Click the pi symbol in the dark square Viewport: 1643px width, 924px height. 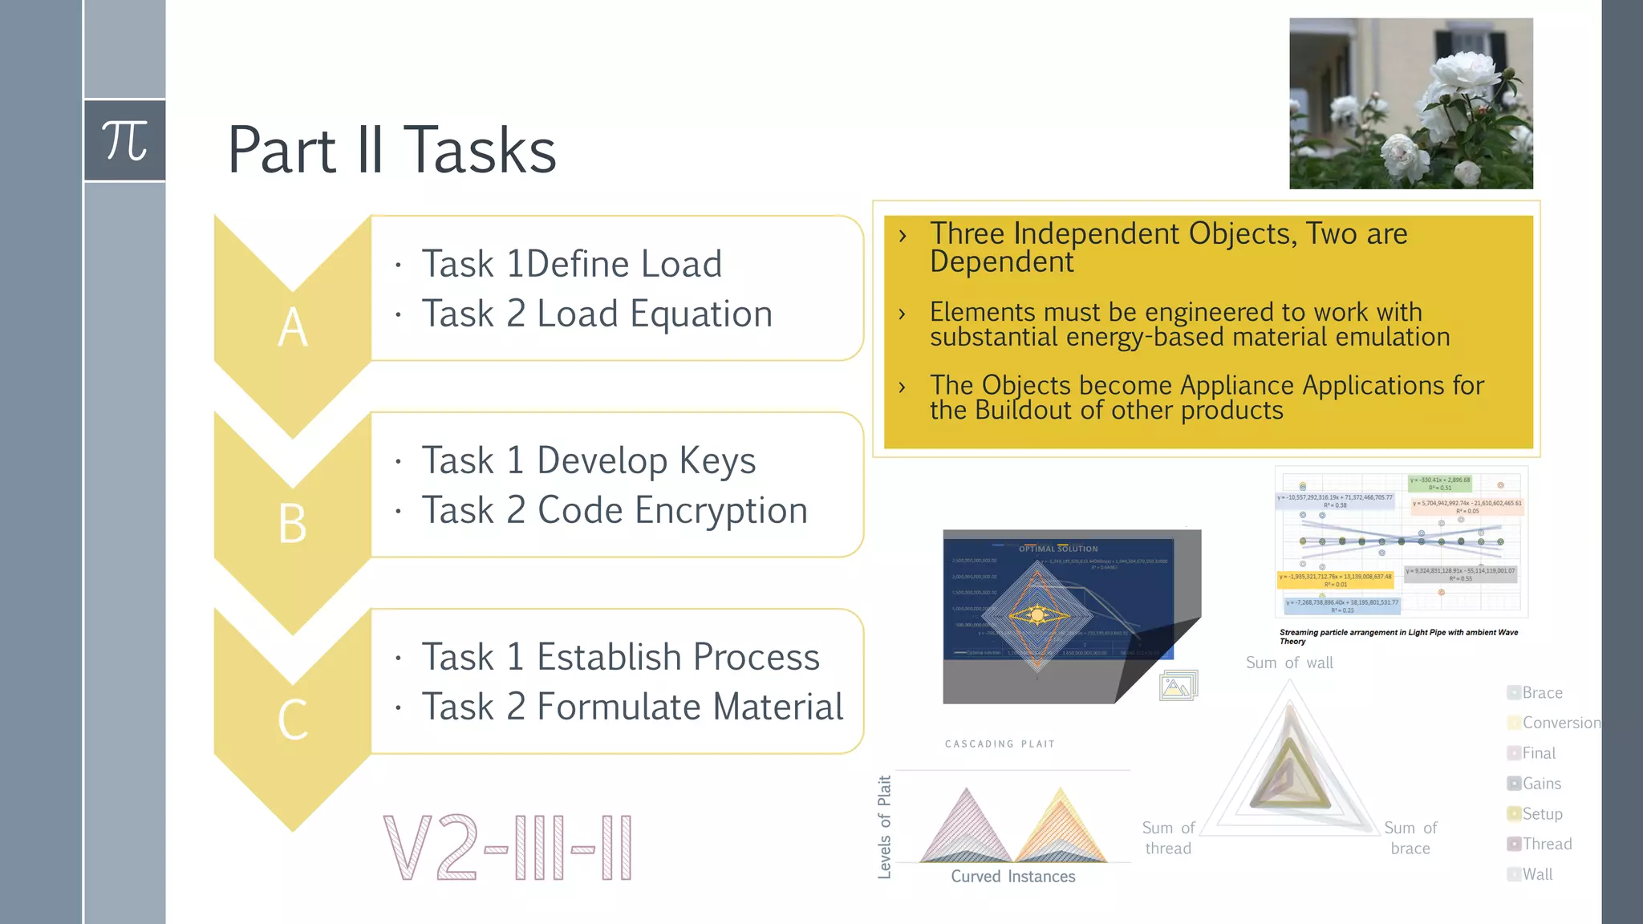pos(124,141)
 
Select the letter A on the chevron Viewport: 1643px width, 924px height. pos(293,327)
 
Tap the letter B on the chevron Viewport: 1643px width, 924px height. pos(293,524)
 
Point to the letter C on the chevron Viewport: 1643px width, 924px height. pos(293,719)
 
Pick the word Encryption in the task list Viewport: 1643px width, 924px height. pos(721,510)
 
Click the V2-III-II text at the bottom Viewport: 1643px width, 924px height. pos(508,848)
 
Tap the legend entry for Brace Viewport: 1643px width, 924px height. pos(1541,693)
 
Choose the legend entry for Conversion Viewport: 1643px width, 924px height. pos(1560,723)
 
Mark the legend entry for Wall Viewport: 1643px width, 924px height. pos(1537,874)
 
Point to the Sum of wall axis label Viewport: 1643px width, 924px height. pos(1289,663)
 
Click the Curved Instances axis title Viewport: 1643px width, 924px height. pos(1012,877)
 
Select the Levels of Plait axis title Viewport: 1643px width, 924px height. pos(884,826)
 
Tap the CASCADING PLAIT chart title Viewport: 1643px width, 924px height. pos(1000,744)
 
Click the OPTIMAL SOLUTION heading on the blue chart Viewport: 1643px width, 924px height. pos(1058,549)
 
